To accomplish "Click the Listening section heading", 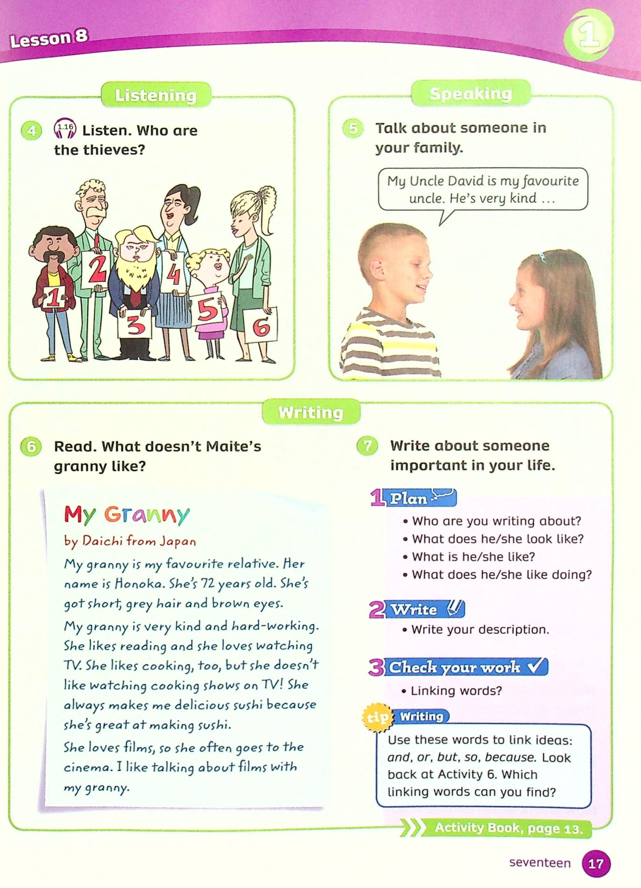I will click(156, 95).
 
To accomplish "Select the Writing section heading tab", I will click(311, 412).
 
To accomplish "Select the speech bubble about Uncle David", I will click(482, 190).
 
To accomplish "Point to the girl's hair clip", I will click(542, 257).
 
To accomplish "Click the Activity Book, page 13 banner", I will click(508, 817).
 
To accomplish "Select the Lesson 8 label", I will click(49, 39).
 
